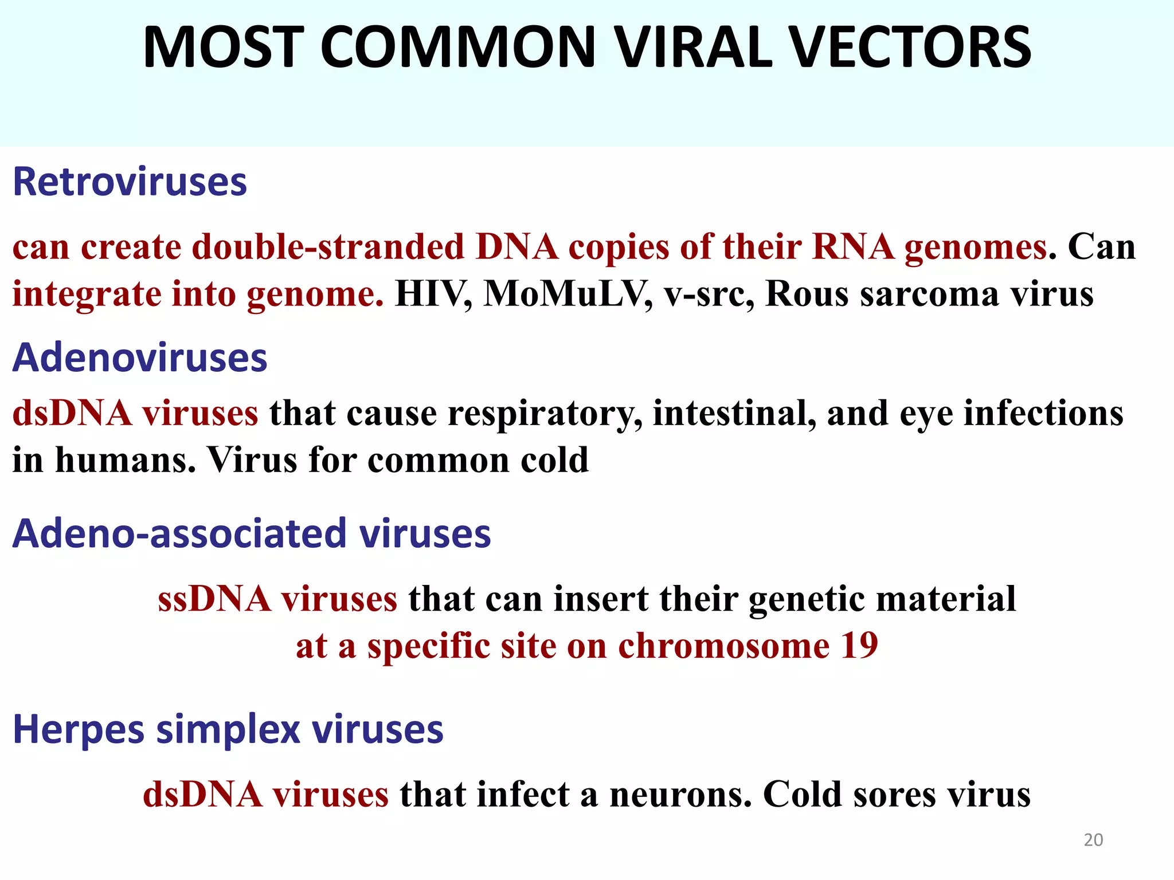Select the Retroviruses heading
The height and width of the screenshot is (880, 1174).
pyautogui.click(x=130, y=182)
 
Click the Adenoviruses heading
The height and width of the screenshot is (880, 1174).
pyautogui.click(x=140, y=357)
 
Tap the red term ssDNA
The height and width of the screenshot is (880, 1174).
pyautogui.click(x=214, y=599)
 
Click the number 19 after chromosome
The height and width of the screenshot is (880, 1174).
pyautogui.click(x=859, y=646)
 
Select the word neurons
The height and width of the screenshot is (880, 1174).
pyautogui.click(x=680, y=795)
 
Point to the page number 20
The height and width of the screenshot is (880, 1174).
pyautogui.click(x=1093, y=840)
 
